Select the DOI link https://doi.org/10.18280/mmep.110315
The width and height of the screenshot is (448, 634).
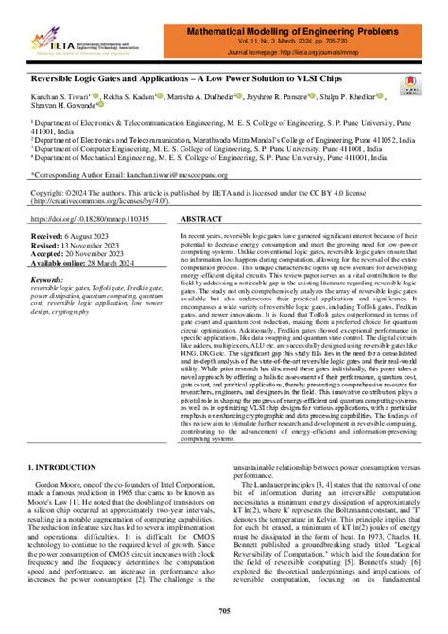coord(86,215)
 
